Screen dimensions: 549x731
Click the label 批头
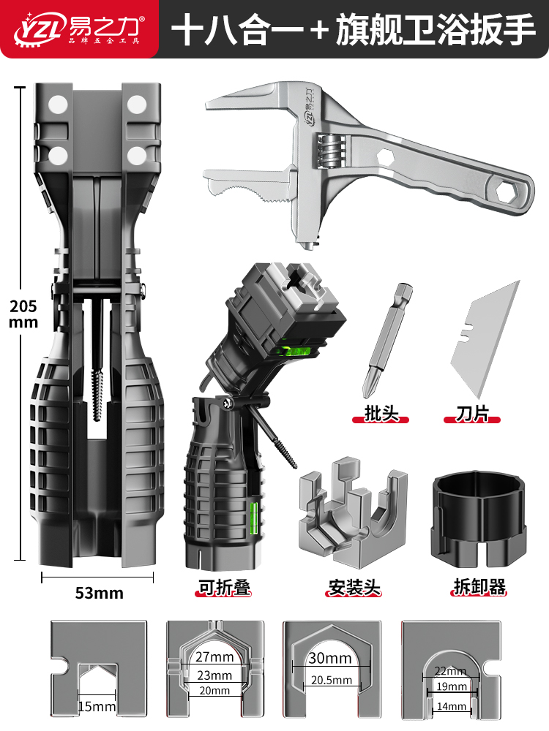[x=381, y=415]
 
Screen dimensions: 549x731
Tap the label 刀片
[x=471, y=415]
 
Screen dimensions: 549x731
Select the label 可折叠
[x=224, y=587]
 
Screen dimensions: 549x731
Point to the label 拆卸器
[x=479, y=586]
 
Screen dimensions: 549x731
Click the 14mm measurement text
[x=451, y=707]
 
